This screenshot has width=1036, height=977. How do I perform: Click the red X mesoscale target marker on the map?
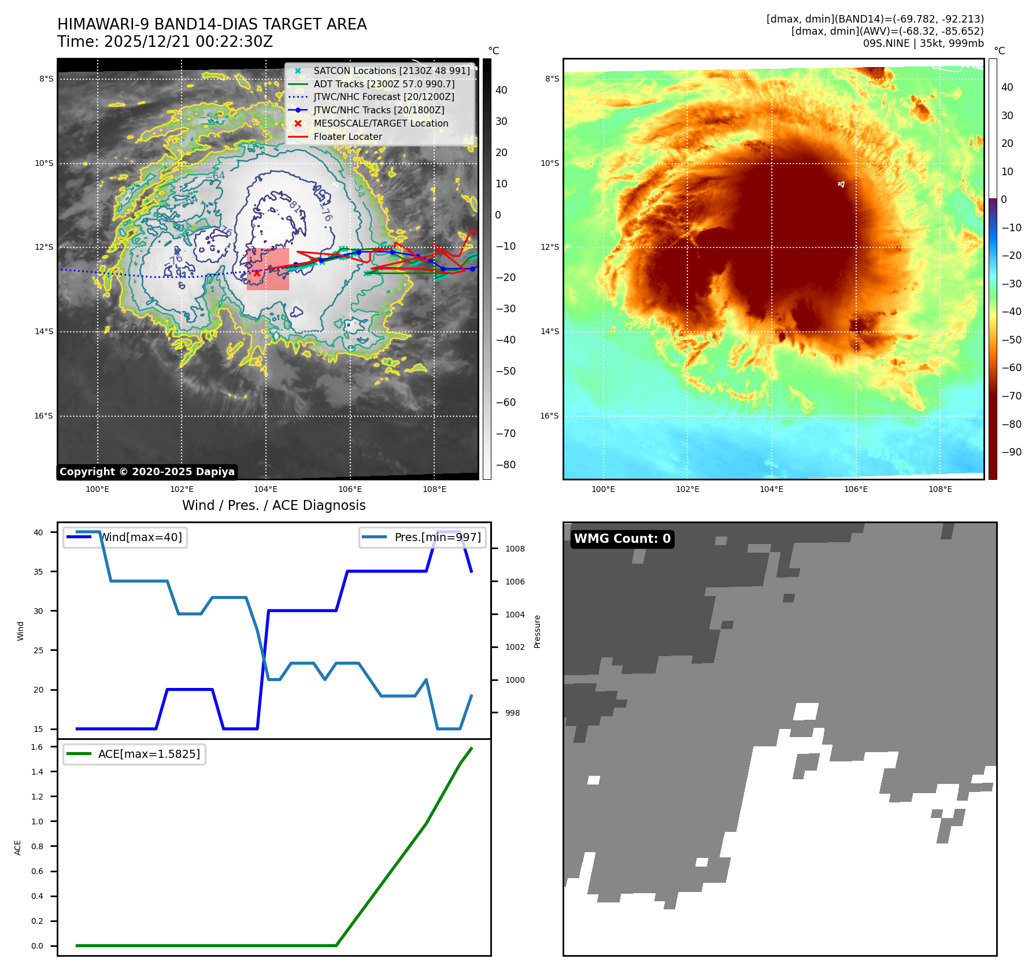point(257,273)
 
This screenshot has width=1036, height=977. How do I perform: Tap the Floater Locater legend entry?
point(347,137)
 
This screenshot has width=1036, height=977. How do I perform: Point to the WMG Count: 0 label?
point(622,539)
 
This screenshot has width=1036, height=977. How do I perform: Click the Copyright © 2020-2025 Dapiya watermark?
point(147,472)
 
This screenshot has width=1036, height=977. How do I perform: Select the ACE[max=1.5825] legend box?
point(135,754)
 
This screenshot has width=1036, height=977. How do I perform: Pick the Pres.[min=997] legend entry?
point(423,538)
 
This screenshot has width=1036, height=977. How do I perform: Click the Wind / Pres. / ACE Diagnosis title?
point(273,506)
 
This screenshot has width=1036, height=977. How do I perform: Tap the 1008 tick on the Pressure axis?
point(515,549)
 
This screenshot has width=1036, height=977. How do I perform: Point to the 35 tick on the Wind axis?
point(38,572)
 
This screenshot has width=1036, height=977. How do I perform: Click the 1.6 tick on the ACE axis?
point(37,747)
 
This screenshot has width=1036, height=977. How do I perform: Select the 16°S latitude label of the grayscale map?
point(43,416)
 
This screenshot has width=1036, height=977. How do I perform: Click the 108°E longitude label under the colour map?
point(940,490)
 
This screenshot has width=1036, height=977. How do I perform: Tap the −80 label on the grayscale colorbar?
point(505,465)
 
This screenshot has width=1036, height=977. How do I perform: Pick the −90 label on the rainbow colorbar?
point(1011,452)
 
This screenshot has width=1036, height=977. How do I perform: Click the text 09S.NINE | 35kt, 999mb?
point(923,43)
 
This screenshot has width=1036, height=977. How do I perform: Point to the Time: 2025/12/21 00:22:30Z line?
point(165,42)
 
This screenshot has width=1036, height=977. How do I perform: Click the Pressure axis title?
point(537,631)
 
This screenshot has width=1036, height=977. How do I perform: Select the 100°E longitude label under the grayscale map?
point(97,490)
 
